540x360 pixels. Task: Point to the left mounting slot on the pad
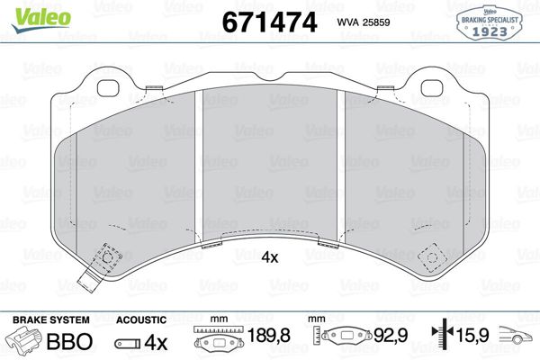pyautogui.click(x=108, y=87)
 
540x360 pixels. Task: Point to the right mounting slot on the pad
pyautogui.click(x=434, y=87)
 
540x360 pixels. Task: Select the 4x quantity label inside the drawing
pyautogui.click(x=270, y=257)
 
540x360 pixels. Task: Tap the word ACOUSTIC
pyautogui.click(x=142, y=319)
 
